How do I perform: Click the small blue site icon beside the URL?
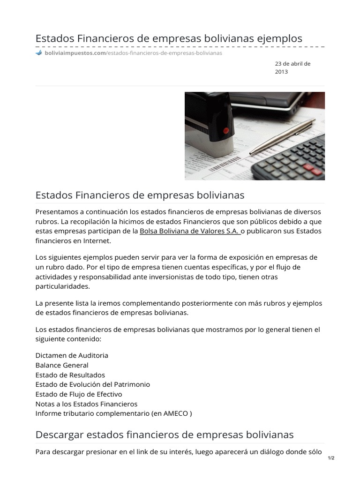tap(39, 53)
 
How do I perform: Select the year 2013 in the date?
tap(281, 72)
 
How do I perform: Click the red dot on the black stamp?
tap(226, 131)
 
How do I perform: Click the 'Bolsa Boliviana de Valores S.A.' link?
tap(189, 231)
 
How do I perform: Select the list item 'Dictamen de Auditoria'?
tap(72, 355)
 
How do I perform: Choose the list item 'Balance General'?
tap(62, 365)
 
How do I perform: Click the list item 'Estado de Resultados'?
tap(70, 375)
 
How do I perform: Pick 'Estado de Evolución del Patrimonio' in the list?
tap(93, 384)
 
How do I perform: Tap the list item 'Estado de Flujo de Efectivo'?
tap(79, 394)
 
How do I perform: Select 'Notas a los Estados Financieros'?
tap(87, 404)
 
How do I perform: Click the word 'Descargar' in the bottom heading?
tap(58, 435)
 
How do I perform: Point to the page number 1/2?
tap(331, 458)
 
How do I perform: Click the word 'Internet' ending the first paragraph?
tap(96, 241)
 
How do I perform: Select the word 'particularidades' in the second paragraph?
tap(62, 286)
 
